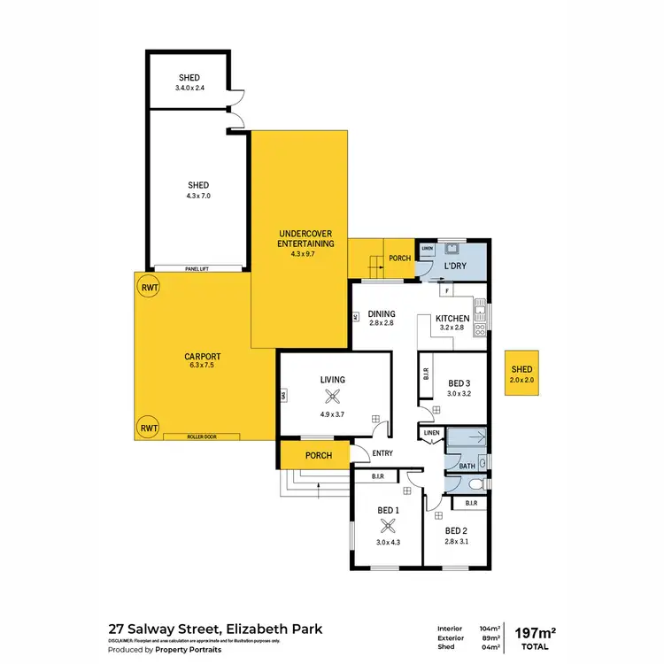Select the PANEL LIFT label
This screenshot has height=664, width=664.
pos(198,267)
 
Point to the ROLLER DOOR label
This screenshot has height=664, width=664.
pos(201,436)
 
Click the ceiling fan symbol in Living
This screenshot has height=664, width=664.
pos(333,398)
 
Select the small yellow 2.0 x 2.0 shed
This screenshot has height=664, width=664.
pos(521,374)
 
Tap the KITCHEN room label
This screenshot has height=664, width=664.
pos(452,318)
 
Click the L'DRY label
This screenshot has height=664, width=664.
pos(455,266)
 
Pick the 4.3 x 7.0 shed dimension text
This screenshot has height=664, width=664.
pos(198,195)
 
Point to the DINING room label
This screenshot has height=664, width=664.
pos(382,313)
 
